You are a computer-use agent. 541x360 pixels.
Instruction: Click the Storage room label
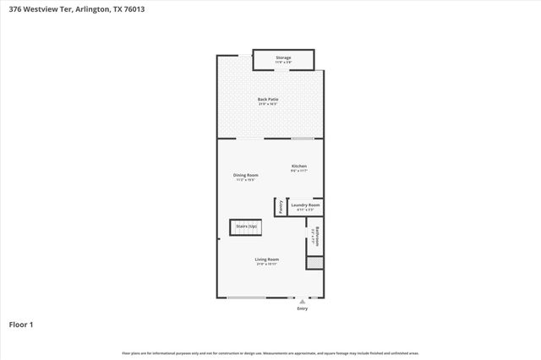tap(283, 57)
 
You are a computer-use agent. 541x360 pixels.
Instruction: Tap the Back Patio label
tap(268, 99)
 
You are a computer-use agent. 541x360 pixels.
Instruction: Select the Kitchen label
tap(299, 166)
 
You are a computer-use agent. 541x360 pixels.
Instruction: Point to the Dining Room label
tap(245, 175)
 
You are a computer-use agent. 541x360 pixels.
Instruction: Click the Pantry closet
tap(279, 205)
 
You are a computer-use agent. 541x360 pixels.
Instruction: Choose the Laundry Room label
tap(305, 205)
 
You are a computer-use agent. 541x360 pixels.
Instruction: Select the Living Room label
tap(267, 259)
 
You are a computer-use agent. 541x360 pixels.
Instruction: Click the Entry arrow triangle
tap(303, 301)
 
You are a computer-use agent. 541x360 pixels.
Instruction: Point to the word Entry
tap(303, 308)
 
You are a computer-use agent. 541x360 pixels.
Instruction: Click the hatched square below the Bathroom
tap(314, 263)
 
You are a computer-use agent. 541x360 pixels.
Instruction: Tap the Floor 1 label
tap(21, 324)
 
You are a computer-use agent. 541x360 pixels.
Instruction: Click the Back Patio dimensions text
tap(268, 104)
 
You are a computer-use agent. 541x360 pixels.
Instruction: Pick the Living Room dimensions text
tap(267, 264)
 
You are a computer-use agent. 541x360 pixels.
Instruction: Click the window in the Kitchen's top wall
tap(303, 138)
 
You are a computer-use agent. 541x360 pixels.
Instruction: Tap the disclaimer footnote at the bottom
tap(270, 352)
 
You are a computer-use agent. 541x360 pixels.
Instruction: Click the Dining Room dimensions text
tap(245, 180)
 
